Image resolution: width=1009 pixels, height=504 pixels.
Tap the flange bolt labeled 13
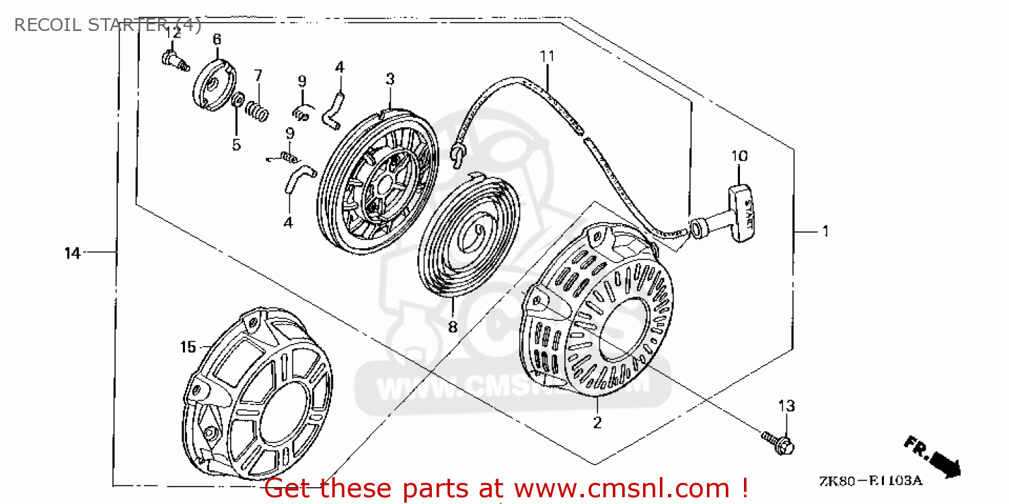[778, 441]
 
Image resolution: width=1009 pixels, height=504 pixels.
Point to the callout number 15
[188, 347]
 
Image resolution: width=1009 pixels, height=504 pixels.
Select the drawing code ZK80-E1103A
[870, 482]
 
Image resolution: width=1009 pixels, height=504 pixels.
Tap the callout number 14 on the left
[73, 253]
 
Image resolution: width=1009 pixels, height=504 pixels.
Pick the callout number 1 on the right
[824, 231]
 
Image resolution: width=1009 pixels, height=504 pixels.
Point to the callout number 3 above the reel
[389, 79]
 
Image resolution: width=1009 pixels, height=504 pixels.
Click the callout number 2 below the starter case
[597, 423]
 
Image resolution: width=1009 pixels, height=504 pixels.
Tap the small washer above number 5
[238, 101]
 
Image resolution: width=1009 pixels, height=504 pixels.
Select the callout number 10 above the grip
[739, 156]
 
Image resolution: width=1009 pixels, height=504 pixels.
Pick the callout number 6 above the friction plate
[217, 40]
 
